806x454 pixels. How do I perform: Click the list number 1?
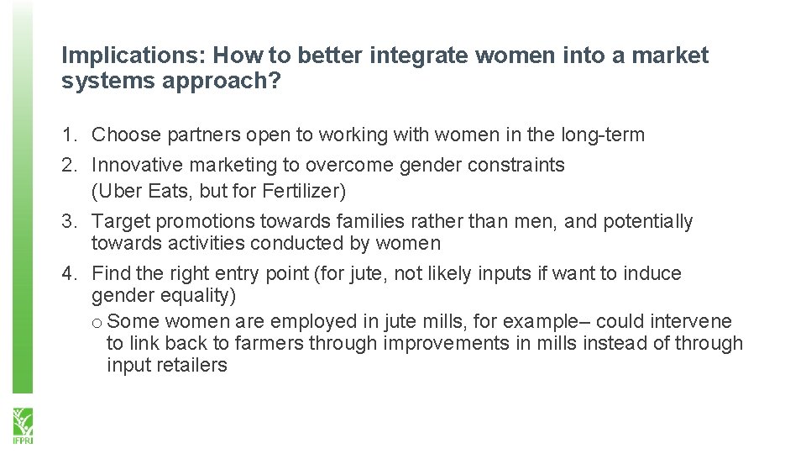(x=68, y=135)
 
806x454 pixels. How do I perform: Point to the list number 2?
(x=68, y=165)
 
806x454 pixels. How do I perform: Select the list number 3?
(x=68, y=222)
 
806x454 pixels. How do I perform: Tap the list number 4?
(x=68, y=273)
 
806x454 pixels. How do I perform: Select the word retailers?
(x=191, y=365)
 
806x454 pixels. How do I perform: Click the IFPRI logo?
(x=21, y=425)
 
